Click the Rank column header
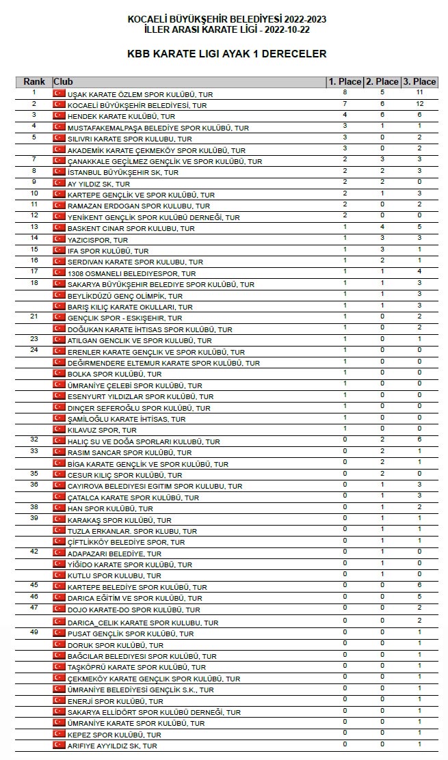click(x=34, y=82)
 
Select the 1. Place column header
click(x=345, y=82)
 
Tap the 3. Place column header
click(x=419, y=82)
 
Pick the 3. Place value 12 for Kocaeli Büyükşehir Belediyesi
click(x=419, y=104)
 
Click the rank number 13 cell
click(x=34, y=227)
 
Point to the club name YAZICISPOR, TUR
click(x=98, y=240)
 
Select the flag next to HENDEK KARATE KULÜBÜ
click(x=59, y=116)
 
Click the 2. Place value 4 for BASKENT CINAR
click(x=382, y=227)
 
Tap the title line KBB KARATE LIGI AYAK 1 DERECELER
click(x=226, y=54)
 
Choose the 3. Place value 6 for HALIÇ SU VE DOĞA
click(x=419, y=439)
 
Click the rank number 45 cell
click(x=34, y=585)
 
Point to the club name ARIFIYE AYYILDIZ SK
click(x=112, y=746)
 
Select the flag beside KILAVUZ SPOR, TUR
click(x=59, y=430)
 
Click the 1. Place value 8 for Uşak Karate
click(x=345, y=92)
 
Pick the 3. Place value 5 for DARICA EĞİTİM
click(x=419, y=596)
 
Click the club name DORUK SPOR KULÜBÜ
click(x=116, y=645)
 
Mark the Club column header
click(x=63, y=82)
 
